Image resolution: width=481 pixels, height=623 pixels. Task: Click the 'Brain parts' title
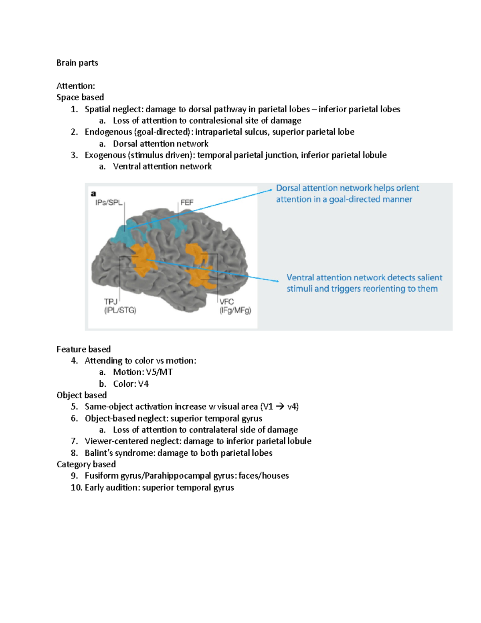(x=77, y=63)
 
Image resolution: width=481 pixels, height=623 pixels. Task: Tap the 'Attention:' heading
(x=76, y=86)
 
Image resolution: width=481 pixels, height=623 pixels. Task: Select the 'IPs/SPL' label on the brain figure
(x=109, y=203)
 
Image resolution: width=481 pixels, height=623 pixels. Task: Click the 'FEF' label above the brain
(x=187, y=203)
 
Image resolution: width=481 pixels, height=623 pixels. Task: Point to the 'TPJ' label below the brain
(x=111, y=302)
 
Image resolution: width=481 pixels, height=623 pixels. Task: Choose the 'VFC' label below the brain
(x=226, y=302)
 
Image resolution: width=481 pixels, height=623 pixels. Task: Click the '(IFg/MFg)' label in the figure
(x=235, y=310)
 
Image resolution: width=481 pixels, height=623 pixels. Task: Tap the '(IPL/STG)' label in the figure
(x=120, y=310)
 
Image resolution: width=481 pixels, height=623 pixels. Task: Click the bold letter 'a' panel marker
(x=93, y=194)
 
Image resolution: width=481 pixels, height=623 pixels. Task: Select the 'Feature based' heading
(x=83, y=349)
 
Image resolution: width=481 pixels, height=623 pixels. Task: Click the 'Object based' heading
(x=82, y=395)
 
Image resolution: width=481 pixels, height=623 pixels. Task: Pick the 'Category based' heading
(x=86, y=464)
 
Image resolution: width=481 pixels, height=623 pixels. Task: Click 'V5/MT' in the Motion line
(x=160, y=372)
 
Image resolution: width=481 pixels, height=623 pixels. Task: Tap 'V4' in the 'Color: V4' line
(x=143, y=384)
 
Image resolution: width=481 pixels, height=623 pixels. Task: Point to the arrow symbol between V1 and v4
(x=280, y=407)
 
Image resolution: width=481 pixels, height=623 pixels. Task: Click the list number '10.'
(x=76, y=487)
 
